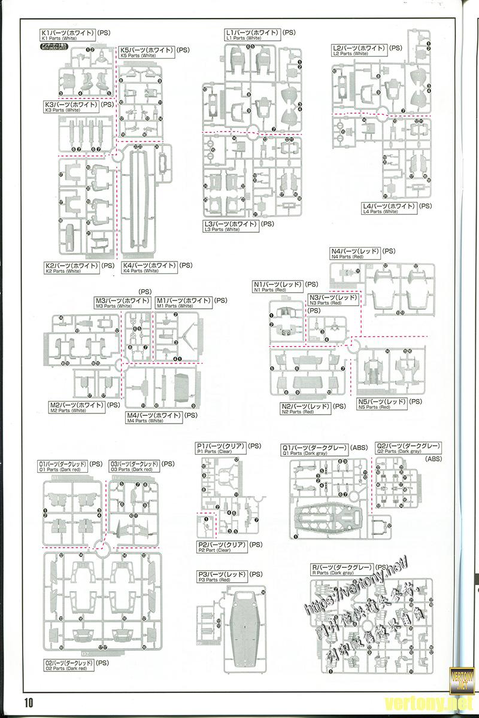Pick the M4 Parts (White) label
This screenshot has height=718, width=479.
coord(153,416)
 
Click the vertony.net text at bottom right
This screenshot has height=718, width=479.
coord(423,702)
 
